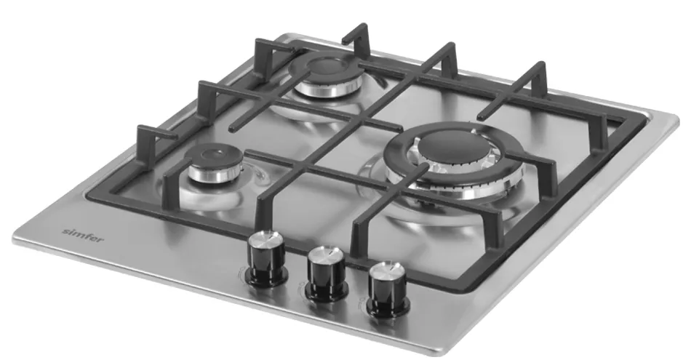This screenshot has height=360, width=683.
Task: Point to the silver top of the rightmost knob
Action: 386,271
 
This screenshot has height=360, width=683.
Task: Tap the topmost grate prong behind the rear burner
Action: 358,32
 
